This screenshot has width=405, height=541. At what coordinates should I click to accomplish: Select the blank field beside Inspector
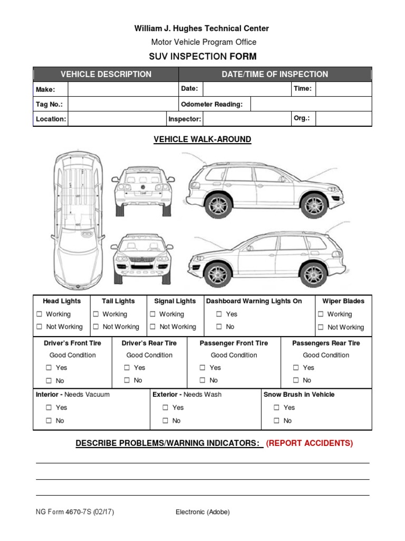click(x=246, y=119)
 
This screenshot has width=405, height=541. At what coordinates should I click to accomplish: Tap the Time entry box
click(x=343, y=89)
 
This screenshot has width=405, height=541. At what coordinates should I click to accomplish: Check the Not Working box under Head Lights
click(x=39, y=327)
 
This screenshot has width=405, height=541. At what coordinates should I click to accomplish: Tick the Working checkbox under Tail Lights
click(x=96, y=314)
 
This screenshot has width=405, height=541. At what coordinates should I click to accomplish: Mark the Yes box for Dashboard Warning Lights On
click(x=219, y=314)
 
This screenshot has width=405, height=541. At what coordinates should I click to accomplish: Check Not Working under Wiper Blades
click(x=321, y=328)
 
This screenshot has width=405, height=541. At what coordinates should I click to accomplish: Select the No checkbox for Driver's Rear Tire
click(x=127, y=380)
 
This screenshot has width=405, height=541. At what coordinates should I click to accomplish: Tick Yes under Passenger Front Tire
click(x=202, y=368)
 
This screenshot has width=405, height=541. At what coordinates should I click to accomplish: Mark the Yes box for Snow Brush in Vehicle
click(x=276, y=408)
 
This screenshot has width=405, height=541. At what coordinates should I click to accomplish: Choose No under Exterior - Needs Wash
click(x=165, y=421)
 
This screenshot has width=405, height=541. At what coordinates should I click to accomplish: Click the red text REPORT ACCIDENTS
click(x=310, y=443)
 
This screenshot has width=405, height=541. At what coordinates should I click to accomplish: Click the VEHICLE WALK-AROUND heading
click(x=202, y=139)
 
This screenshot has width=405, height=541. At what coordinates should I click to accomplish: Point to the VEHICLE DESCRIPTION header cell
click(x=106, y=74)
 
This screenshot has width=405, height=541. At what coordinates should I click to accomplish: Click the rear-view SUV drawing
click(x=142, y=190)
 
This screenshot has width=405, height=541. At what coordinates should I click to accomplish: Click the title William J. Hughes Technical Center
click(x=202, y=29)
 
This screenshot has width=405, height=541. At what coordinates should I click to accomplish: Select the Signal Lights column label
click(x=175, y=301)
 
